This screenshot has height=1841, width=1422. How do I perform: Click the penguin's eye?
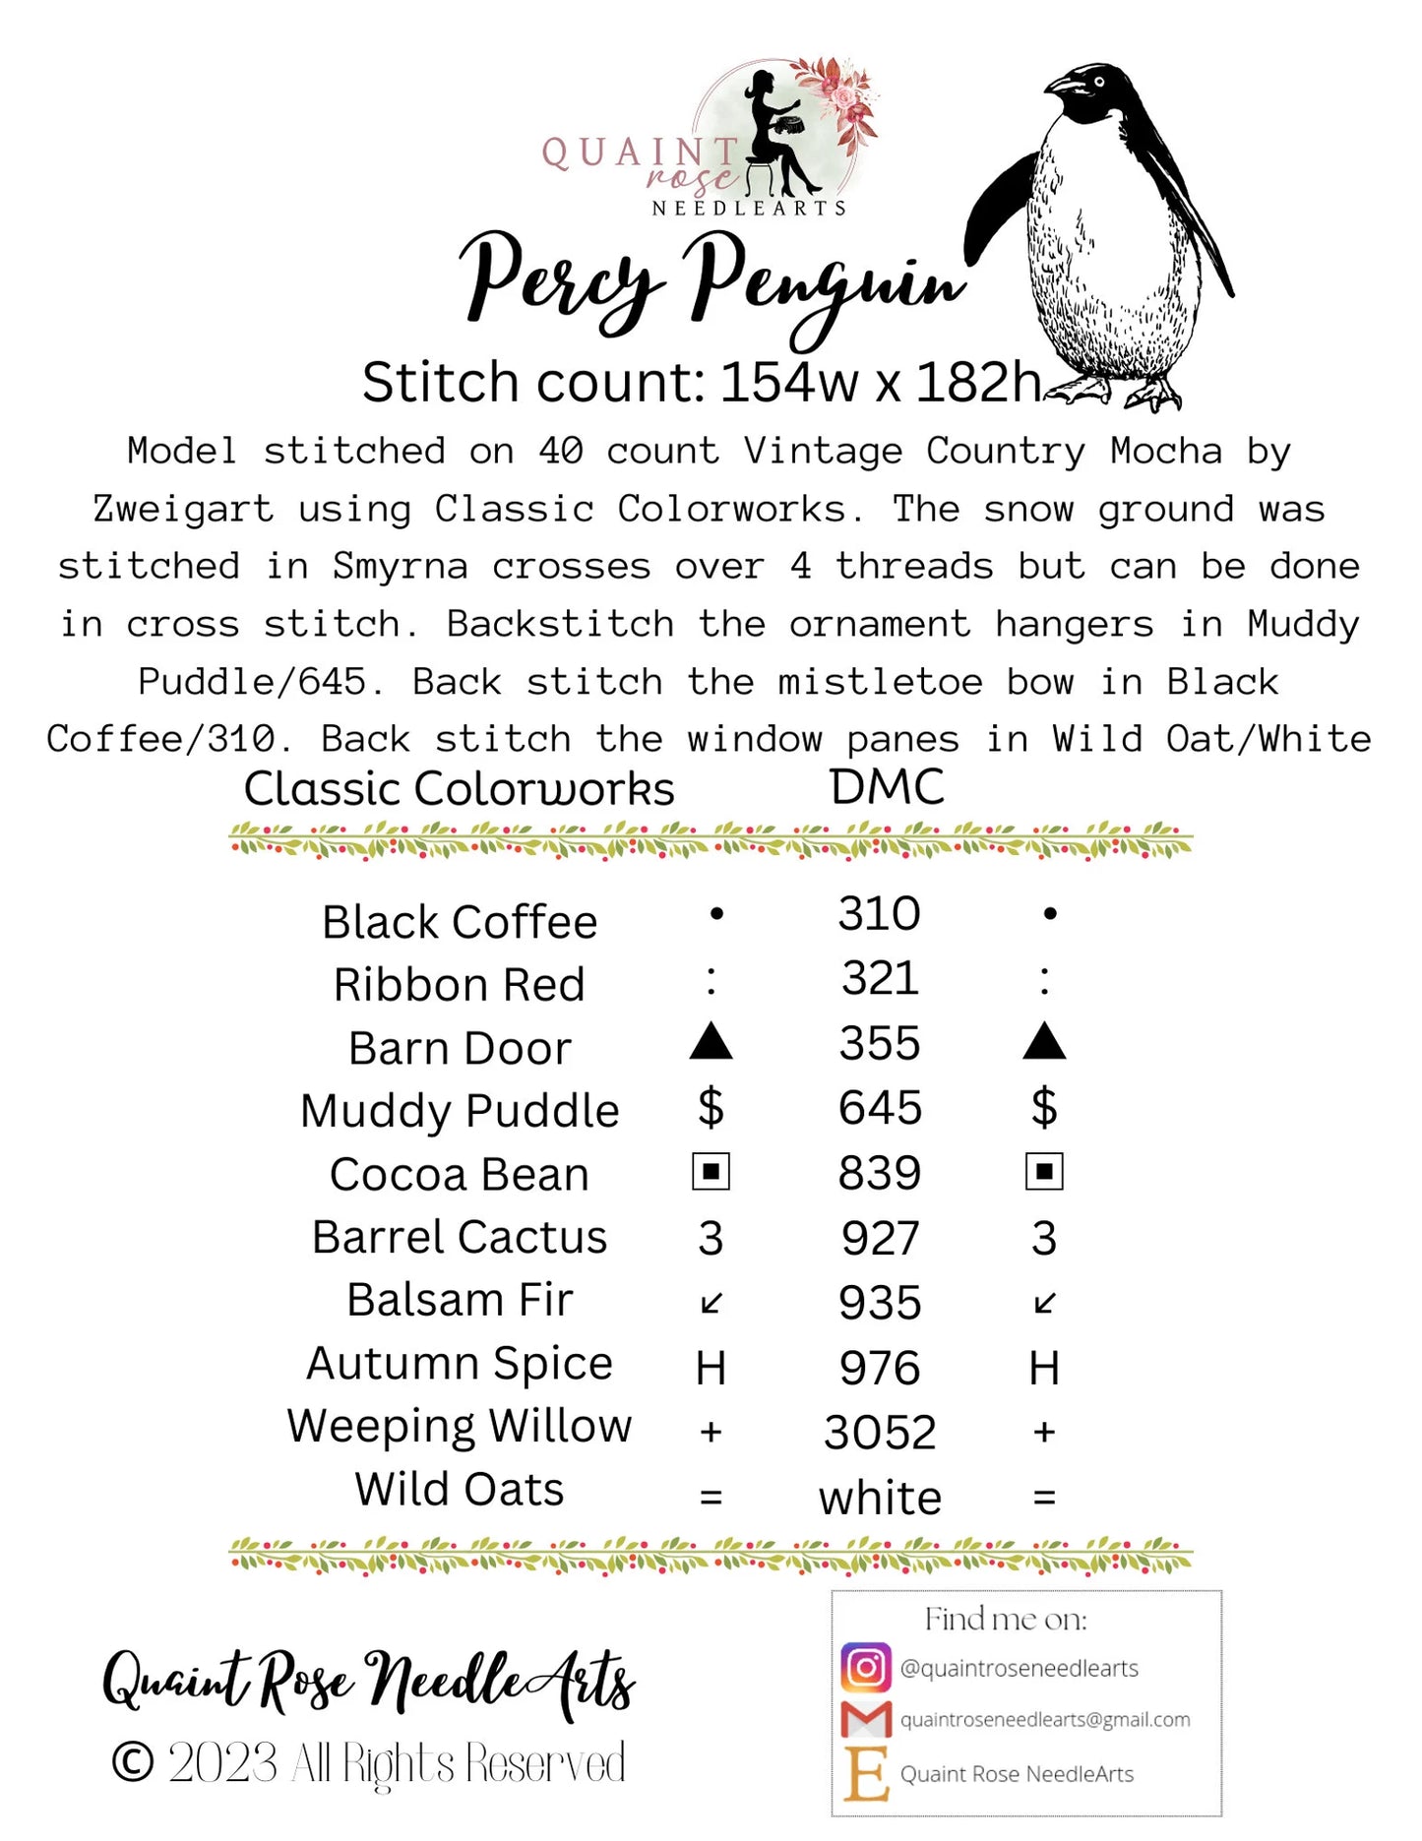coord(1098,80)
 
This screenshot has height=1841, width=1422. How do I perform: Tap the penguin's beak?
coord(1063,86)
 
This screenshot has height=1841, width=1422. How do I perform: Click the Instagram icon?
coord(866,1667)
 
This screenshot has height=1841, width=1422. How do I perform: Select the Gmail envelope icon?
coord(866,1719)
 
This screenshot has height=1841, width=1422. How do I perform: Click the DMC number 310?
coord(879,914)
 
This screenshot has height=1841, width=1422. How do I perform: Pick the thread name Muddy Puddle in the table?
coord(460,1111)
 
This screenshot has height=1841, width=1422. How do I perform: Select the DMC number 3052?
coord(880,1433)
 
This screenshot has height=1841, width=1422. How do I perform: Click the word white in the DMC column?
coord(880,1498)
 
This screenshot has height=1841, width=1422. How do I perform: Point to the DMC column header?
coord(887,787)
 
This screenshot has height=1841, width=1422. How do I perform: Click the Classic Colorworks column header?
coord(459,789)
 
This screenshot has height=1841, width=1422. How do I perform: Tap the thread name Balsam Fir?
coord(460,1300)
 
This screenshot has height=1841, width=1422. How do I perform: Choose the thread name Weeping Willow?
coord(460,1426)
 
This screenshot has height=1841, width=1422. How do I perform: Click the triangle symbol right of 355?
coord(1044,1042)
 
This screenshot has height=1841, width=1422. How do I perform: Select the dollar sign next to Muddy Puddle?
coord(711,1108)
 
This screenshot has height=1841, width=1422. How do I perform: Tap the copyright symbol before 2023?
coord(133,1762)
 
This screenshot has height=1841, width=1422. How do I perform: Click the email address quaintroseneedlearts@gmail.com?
coord(1045,1719)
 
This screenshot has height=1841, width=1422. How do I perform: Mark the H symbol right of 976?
coord(1044,1369)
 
